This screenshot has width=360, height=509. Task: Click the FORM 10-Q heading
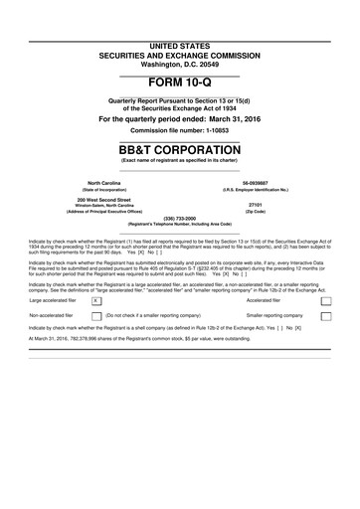click(x=180, y=82)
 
